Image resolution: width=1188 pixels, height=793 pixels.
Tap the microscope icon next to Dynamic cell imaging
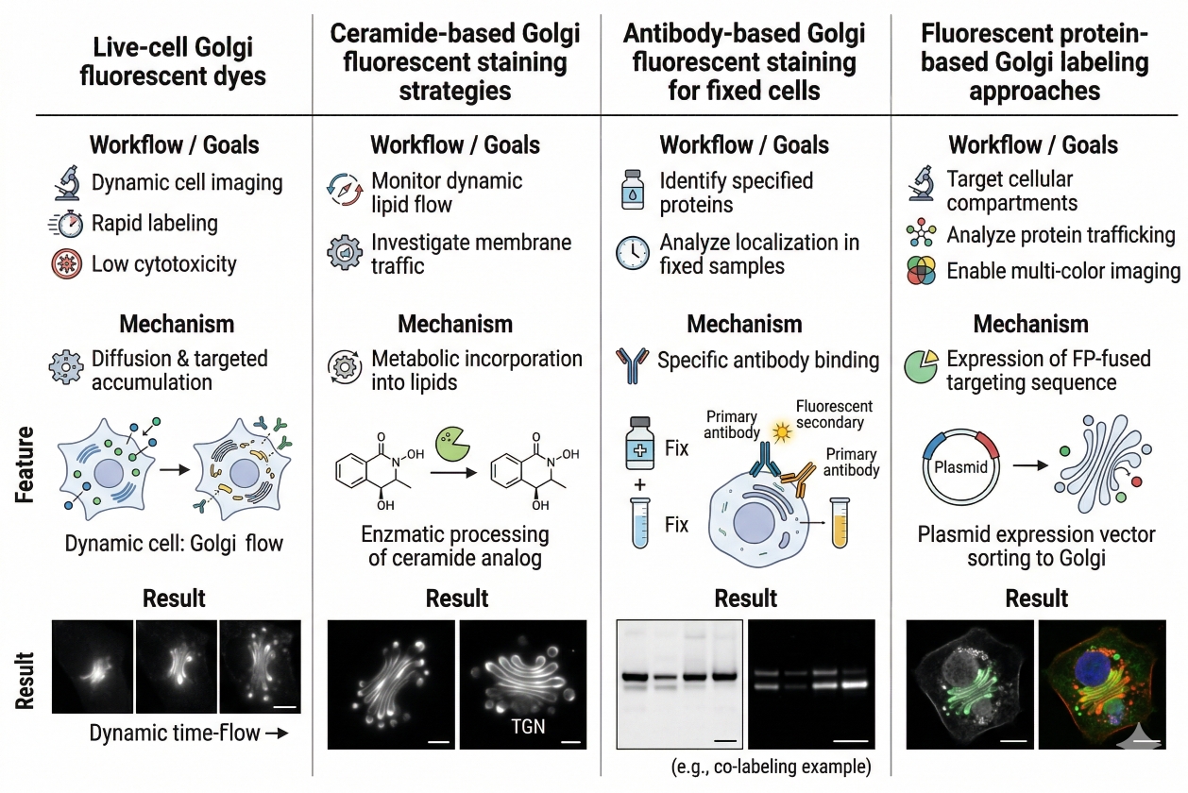(67, 182)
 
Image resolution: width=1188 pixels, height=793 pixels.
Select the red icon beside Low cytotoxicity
(67, 265)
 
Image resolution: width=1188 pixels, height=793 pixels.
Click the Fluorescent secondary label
(834, 414)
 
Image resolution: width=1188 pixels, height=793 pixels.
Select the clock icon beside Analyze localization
(632, 253)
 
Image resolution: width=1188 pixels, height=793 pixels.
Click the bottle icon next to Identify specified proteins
(632, 191)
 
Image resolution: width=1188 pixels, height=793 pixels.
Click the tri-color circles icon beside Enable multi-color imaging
(922, 272)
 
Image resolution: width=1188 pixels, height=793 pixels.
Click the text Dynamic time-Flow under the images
(176, 734)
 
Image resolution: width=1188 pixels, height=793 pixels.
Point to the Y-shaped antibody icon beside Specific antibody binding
(632, 361)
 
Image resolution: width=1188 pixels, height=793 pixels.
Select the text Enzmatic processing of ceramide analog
(456, 546)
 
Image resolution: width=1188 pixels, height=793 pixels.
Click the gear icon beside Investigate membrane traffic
(344, 254)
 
